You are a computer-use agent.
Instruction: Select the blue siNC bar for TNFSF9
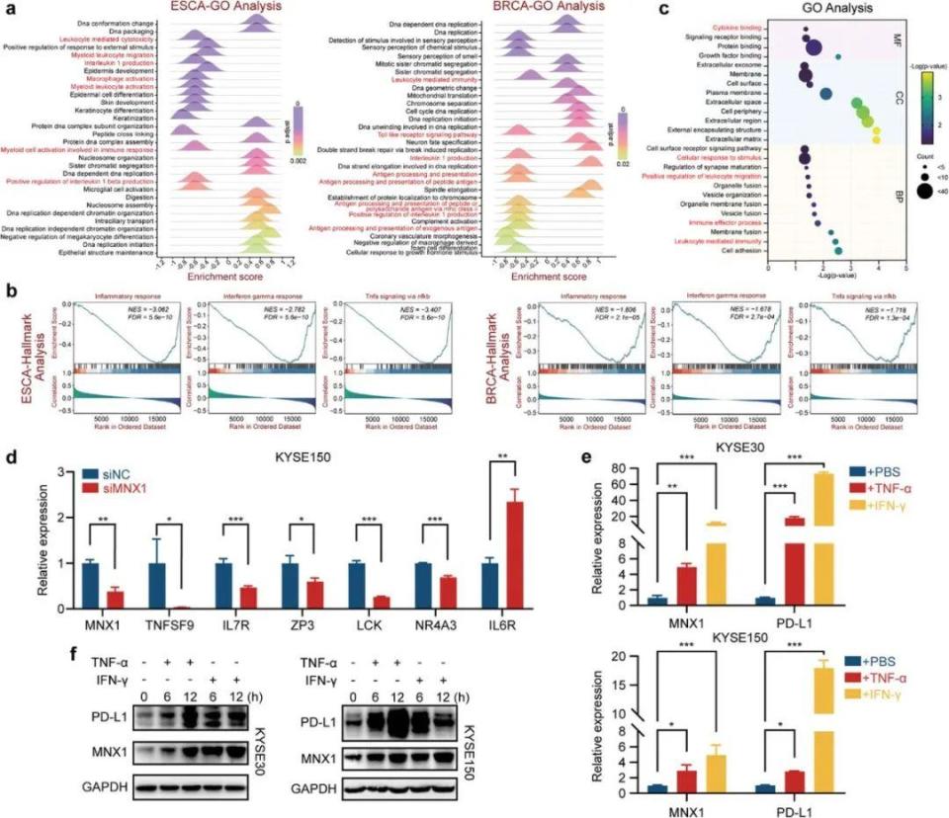click(x=155, y=579)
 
